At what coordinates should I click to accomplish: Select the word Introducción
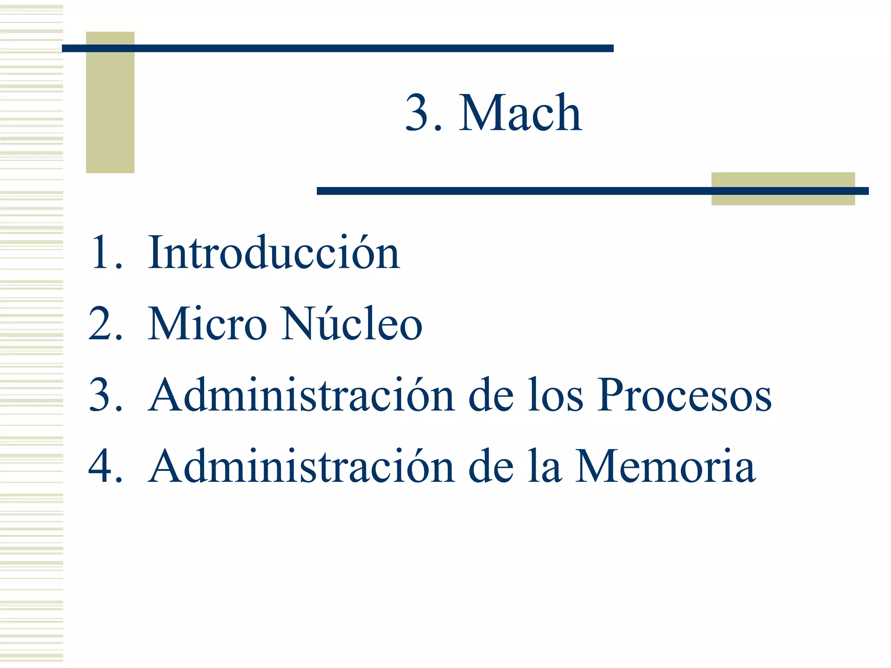pyautogui.click(x=274, y=253)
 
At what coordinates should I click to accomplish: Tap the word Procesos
pyautogui.click(x=684, y=395)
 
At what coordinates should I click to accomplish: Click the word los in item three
pyautogui.click(x=555, y=395)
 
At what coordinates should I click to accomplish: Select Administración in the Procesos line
pyautogui.click(x=301, y=395)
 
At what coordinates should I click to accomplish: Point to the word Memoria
pyautogui.click(x=665, y=466)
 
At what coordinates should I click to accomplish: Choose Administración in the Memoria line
pyautogui.click(x=301, y=466)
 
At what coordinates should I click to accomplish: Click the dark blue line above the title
pyautogui.click(x=338, y=48)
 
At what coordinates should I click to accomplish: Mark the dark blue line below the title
pyautogui.click(x=513, y=191)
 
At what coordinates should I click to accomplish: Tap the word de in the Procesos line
pyautogui.click(x=491, y=395)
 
